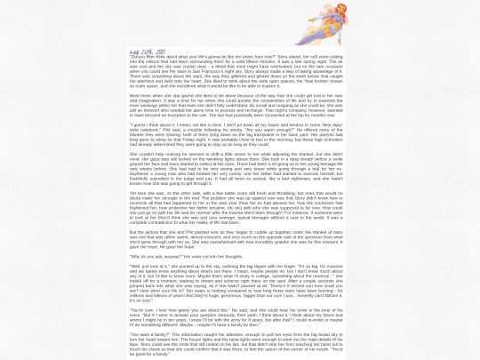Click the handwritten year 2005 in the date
point(159,52)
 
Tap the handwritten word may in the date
point(134,52)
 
